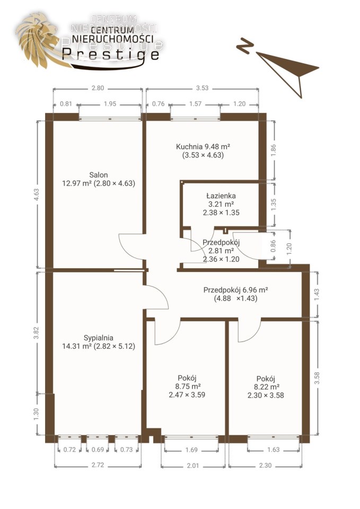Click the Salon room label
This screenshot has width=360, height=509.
pos(99,174)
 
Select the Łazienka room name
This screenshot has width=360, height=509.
pos(221,196)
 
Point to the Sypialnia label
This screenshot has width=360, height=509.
pos(99,338)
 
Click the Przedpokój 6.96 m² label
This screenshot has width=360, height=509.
pos(236,290)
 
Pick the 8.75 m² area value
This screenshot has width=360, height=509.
pos(188,387)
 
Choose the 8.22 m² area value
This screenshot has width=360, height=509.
pos(267,387)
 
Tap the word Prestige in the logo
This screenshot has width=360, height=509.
pos(110,54)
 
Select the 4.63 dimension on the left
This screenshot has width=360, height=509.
pos(37,195)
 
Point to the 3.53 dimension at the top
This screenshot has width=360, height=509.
pos(202,88)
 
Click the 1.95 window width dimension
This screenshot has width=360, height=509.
pos(110,104)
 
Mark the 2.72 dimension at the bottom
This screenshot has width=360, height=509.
pos(98,465)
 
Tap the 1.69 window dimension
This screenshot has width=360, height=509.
pos(191,450)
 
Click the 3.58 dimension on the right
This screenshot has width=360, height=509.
pos(317,378)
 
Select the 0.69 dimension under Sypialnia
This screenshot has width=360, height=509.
pos(98,450)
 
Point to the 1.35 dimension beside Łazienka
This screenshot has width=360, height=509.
pos(274,204)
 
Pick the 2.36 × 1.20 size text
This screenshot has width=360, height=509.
pos(221,259)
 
